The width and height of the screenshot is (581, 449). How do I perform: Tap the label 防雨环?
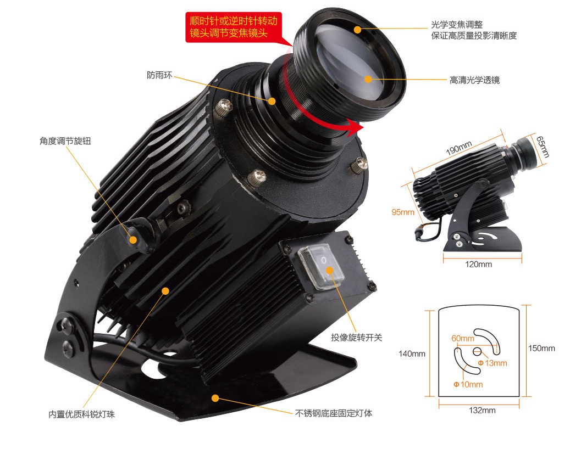pos(160,75)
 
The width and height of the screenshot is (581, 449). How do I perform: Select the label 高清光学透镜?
pos(475,80)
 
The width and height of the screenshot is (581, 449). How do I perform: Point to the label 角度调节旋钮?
pos(65,141)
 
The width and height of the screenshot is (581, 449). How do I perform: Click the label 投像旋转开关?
pos(356,337)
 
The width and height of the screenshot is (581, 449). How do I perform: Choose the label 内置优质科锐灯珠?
pos(82,414)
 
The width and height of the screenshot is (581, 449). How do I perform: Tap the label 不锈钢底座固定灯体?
pos(334,413)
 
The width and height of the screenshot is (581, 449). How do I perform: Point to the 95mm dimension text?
pos(403,212)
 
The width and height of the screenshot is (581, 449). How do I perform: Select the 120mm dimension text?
pos(479,264)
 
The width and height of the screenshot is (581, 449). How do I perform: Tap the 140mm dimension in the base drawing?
pos(412,353)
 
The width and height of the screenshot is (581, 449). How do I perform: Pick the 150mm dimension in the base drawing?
pos(542,348)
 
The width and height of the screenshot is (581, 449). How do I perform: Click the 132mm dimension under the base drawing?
pos(482,410)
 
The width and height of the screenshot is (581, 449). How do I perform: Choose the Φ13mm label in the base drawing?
pos(493,363)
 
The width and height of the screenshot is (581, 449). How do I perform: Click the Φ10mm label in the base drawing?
pos(468,384)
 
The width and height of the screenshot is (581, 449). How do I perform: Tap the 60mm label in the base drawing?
pos(463,338)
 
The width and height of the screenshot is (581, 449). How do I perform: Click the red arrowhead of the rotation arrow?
pos(356,128)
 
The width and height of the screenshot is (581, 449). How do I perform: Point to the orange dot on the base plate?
pos(215,398)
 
